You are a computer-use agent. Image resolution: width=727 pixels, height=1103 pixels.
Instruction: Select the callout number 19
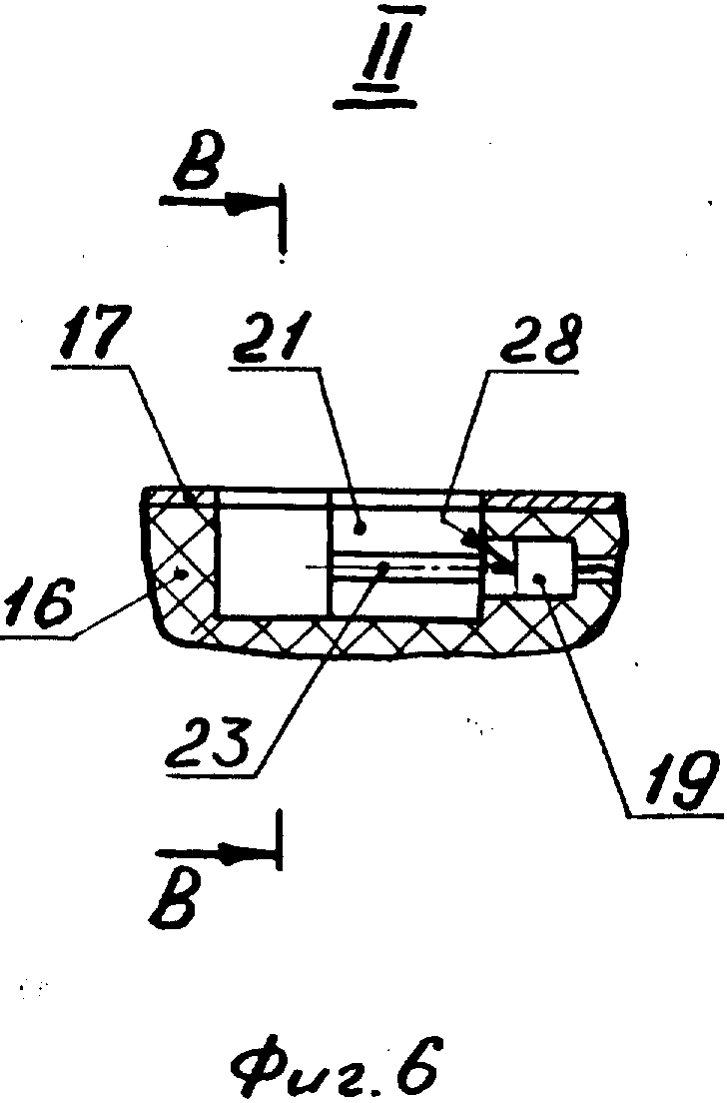(676, 780)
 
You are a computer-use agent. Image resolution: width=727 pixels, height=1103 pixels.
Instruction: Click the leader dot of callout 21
(360, 527)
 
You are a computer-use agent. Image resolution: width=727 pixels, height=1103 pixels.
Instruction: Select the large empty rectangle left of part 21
(275, 559)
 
